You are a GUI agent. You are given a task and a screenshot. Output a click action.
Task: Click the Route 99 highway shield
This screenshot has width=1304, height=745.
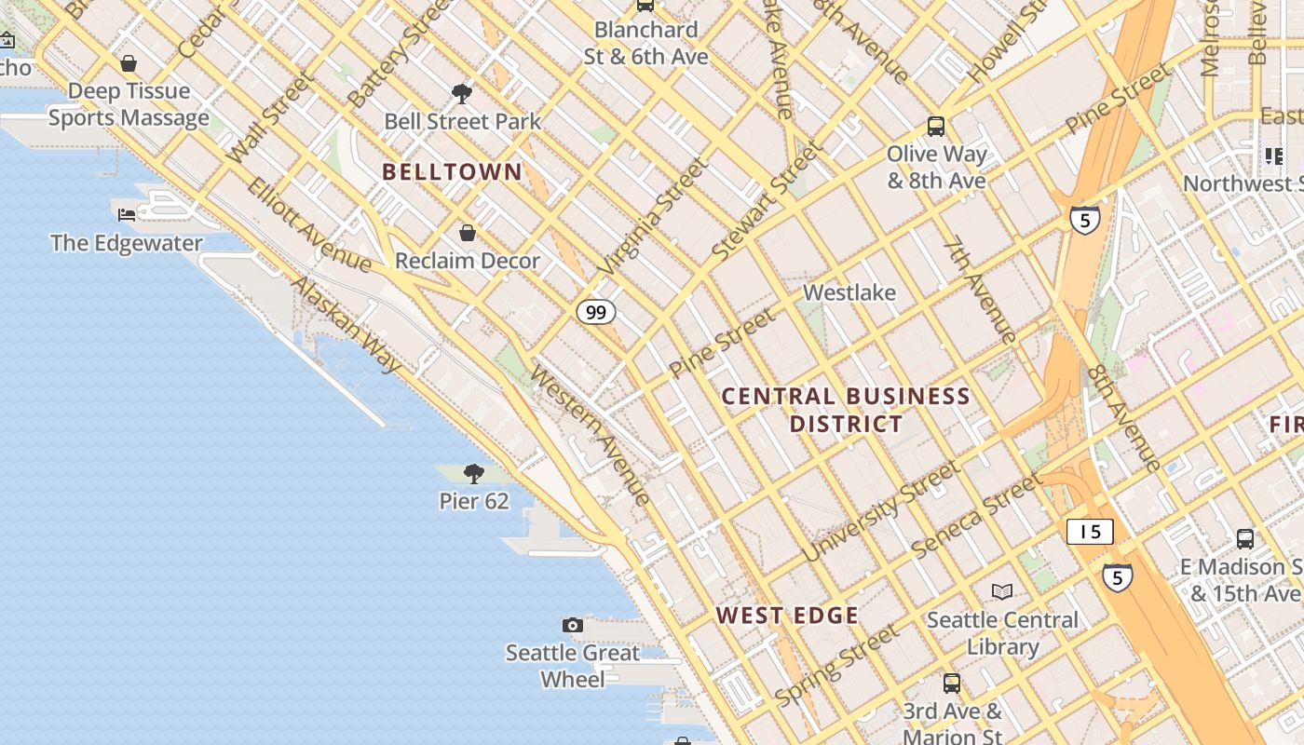click(x=596, y=312)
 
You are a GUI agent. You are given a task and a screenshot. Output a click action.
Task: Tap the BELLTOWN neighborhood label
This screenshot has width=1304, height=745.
click(x=453, y=172)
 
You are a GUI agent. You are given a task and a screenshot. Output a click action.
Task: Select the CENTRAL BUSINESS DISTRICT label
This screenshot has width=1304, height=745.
click(x=846, y=410)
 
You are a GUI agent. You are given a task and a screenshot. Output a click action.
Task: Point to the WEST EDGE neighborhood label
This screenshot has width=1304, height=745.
click(x=787, y=616)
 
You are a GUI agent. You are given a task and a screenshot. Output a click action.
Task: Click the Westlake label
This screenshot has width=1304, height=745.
click(x=849, y=292)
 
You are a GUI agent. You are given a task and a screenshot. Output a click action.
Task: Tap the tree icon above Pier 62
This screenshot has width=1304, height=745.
click(x=474, y=474)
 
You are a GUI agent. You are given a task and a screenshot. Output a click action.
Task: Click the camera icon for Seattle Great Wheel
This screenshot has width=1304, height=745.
click(x=573, y=625)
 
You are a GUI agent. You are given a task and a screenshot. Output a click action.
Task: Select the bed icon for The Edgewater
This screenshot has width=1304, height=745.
click(x=127, y=215)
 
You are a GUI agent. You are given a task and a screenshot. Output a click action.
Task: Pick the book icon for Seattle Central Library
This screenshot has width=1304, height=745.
click(x=1002, y=591)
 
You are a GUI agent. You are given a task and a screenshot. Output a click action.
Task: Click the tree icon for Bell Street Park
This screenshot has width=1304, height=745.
click(x=461, y=93)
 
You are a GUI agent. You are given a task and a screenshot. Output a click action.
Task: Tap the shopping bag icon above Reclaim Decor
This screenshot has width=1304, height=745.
click(x=468, y=233)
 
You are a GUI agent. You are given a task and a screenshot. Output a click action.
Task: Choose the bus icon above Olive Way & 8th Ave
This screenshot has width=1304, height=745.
click(x=936, y=126)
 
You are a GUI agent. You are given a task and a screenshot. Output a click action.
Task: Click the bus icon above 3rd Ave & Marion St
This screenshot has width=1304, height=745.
click(x=952, y=683)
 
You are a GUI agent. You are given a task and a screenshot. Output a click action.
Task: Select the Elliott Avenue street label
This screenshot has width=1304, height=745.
click(x=309, y=224)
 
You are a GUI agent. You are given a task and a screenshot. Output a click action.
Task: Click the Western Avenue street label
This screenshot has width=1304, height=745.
click(x=591, y=435)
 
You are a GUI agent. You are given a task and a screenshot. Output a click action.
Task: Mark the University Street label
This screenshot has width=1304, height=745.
click(x=879, y=512)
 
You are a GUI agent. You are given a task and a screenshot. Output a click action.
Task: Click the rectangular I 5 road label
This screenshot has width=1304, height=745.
click(x=1090, y=532)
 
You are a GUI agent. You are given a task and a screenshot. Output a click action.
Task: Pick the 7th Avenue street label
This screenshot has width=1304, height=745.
click(x=978, y=290)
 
